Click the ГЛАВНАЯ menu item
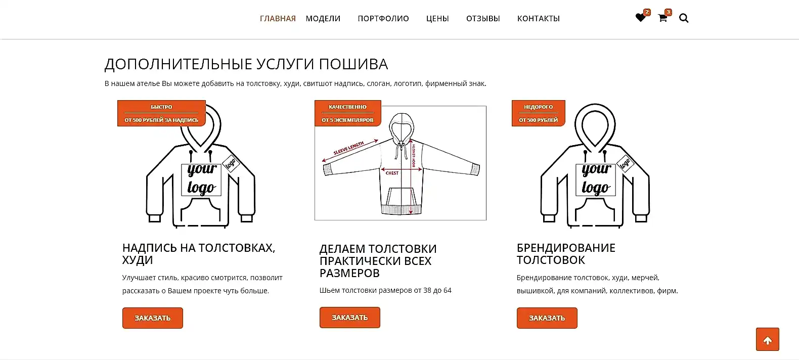click(x=278, y=19)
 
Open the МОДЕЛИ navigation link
click(x=323, y=19)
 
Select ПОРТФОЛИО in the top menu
click(x=383, y=19)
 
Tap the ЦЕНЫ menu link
click(x=437, y=19)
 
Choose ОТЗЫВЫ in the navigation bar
click(x=483, y=19)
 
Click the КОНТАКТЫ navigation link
click(x=539, y=19)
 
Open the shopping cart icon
click(x=662, y=18)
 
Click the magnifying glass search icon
click(x=684, y=19)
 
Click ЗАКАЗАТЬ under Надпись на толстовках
click(x=153, y=318)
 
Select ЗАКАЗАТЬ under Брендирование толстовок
click(x=547, y=318)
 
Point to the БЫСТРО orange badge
click(x=161, y=113)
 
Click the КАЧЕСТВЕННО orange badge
click(x=347, y=113)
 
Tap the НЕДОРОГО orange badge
click(x=538, y=113)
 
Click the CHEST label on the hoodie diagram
click(x=392, y=173)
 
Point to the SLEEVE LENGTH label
click(x=348, y=148)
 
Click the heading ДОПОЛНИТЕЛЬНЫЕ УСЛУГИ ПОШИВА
click(x=246, y=64)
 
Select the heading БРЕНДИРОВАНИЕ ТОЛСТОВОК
click(x=566, y=254)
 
